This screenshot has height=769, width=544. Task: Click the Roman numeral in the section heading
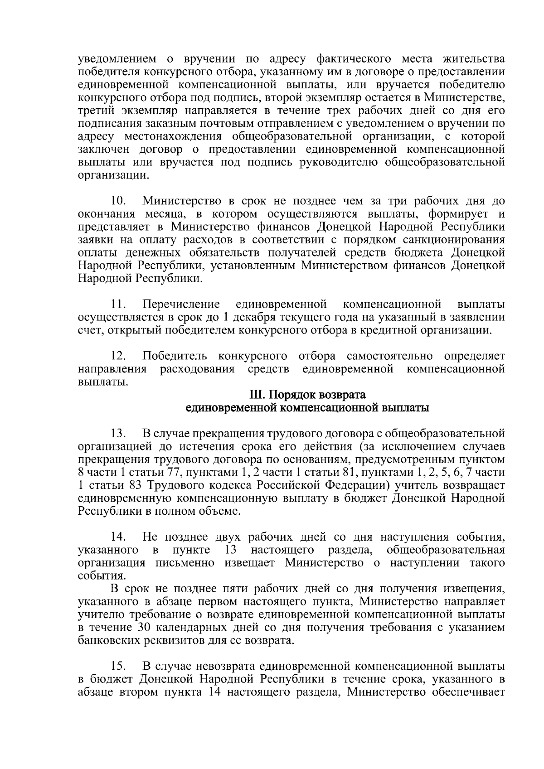(256, 395)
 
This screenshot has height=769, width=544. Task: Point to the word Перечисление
(181, 304)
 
